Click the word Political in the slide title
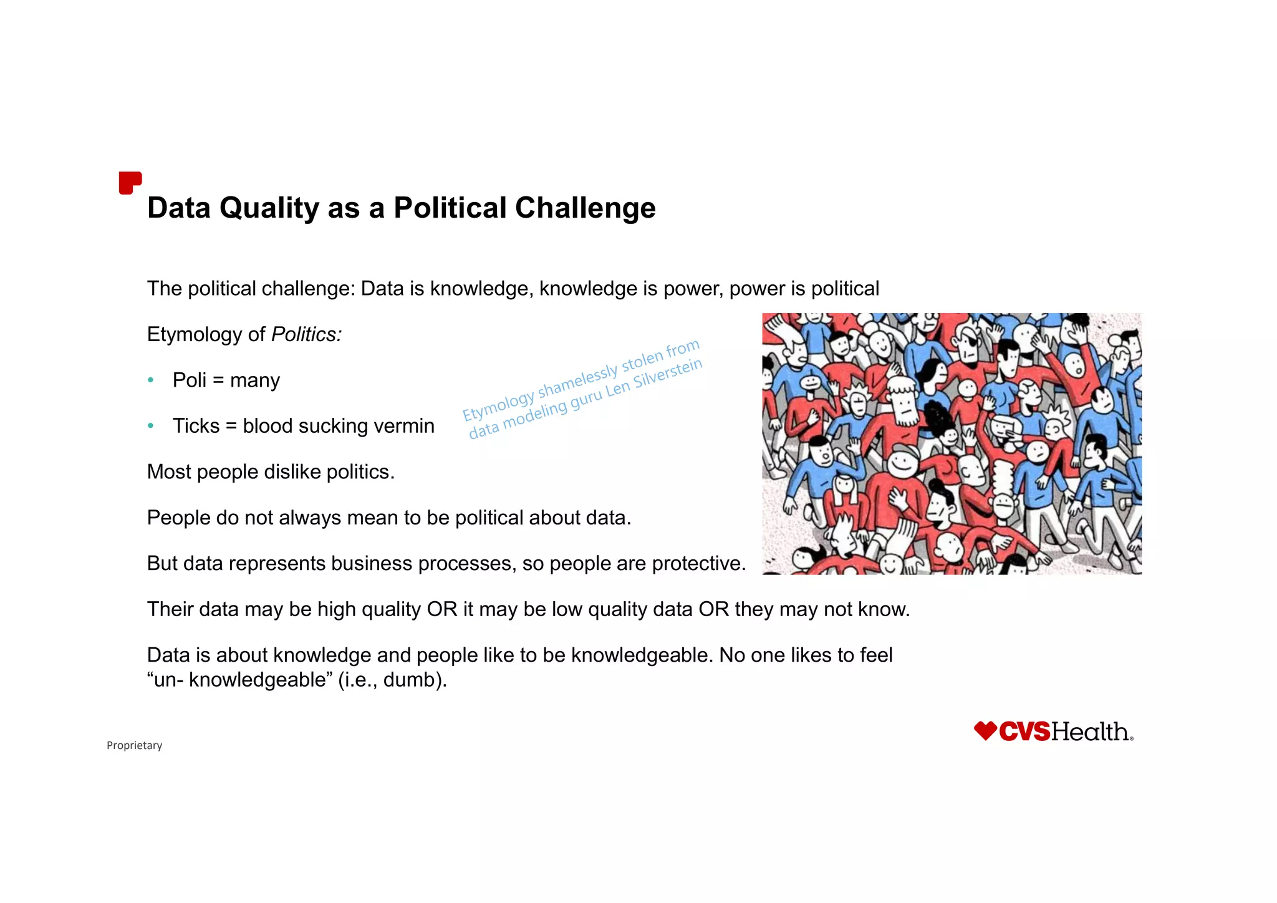(450, 208)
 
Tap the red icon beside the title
(130, 183)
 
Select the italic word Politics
(306, 335)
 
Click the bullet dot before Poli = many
(150, 380)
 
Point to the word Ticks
(196, 426)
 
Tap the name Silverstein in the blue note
(667, 373)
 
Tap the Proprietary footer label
(134, 745)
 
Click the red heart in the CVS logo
(985, 730)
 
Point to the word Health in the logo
(1090, 732)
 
